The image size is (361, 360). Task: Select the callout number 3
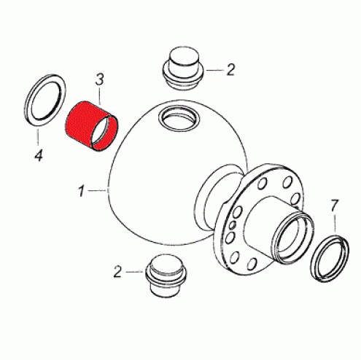[99, 79]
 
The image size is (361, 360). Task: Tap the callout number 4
[39, 155]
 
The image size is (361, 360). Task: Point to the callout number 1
[81, 190]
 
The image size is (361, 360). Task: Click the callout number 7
[334, 206]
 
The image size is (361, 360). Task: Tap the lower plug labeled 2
[166, 275]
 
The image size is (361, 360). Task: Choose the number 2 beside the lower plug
[117, 271]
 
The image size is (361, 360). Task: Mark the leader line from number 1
[98, 191]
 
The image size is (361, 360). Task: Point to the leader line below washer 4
[38, 137]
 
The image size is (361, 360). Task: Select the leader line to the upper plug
[215, 70]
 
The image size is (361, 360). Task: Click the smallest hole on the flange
[233, 225]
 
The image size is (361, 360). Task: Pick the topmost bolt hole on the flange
[287, 182]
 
